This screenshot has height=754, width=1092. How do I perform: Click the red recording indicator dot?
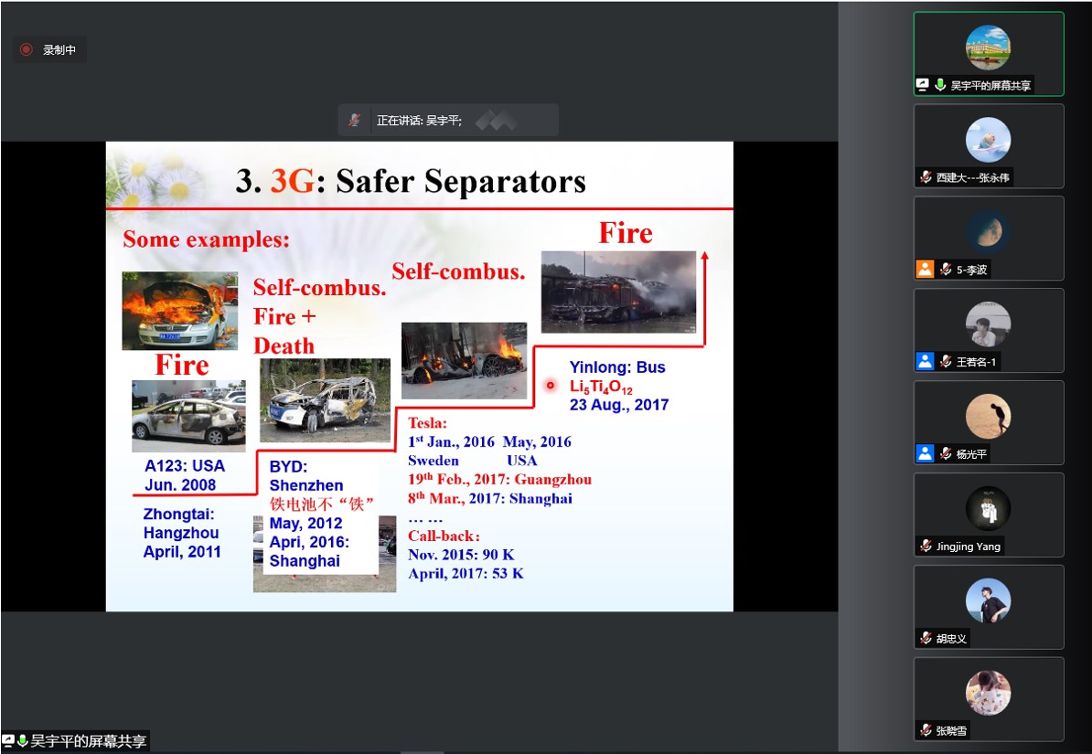tap(27, 49)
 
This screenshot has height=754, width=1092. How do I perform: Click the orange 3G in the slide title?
tap(293, 181)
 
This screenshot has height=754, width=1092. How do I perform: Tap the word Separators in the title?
tap(505, 182)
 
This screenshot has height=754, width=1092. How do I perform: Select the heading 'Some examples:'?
tap(206, 239)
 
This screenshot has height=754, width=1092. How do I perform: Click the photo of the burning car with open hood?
tap(179, 311)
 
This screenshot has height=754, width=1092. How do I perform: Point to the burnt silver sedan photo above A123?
tap(188, 416)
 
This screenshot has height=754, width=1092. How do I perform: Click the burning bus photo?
tap(618, 291)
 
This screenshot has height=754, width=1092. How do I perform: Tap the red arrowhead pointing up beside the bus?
tap(705, 256)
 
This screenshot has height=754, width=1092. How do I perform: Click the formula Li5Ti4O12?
tap(601, 387)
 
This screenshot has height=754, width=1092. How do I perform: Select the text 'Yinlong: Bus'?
tap(617, 366)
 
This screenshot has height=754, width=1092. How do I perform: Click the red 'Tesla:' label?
tap(428, 422)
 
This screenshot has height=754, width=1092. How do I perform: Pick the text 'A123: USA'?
tap(185, 466)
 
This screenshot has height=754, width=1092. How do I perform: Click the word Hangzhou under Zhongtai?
tap(181, 533)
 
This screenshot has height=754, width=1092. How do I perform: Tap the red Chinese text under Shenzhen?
tap(322, 504)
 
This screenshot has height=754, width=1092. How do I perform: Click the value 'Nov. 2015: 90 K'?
tap(461, 555)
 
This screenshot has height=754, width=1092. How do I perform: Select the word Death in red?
tap(284, 346)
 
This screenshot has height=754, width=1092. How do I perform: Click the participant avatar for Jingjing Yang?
tap(989, 509)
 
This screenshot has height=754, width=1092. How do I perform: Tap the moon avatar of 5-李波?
tap(989, 232)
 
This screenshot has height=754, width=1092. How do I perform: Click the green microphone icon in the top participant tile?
tap(940, 85)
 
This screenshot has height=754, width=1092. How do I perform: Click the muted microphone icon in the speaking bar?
tap(355, 120)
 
